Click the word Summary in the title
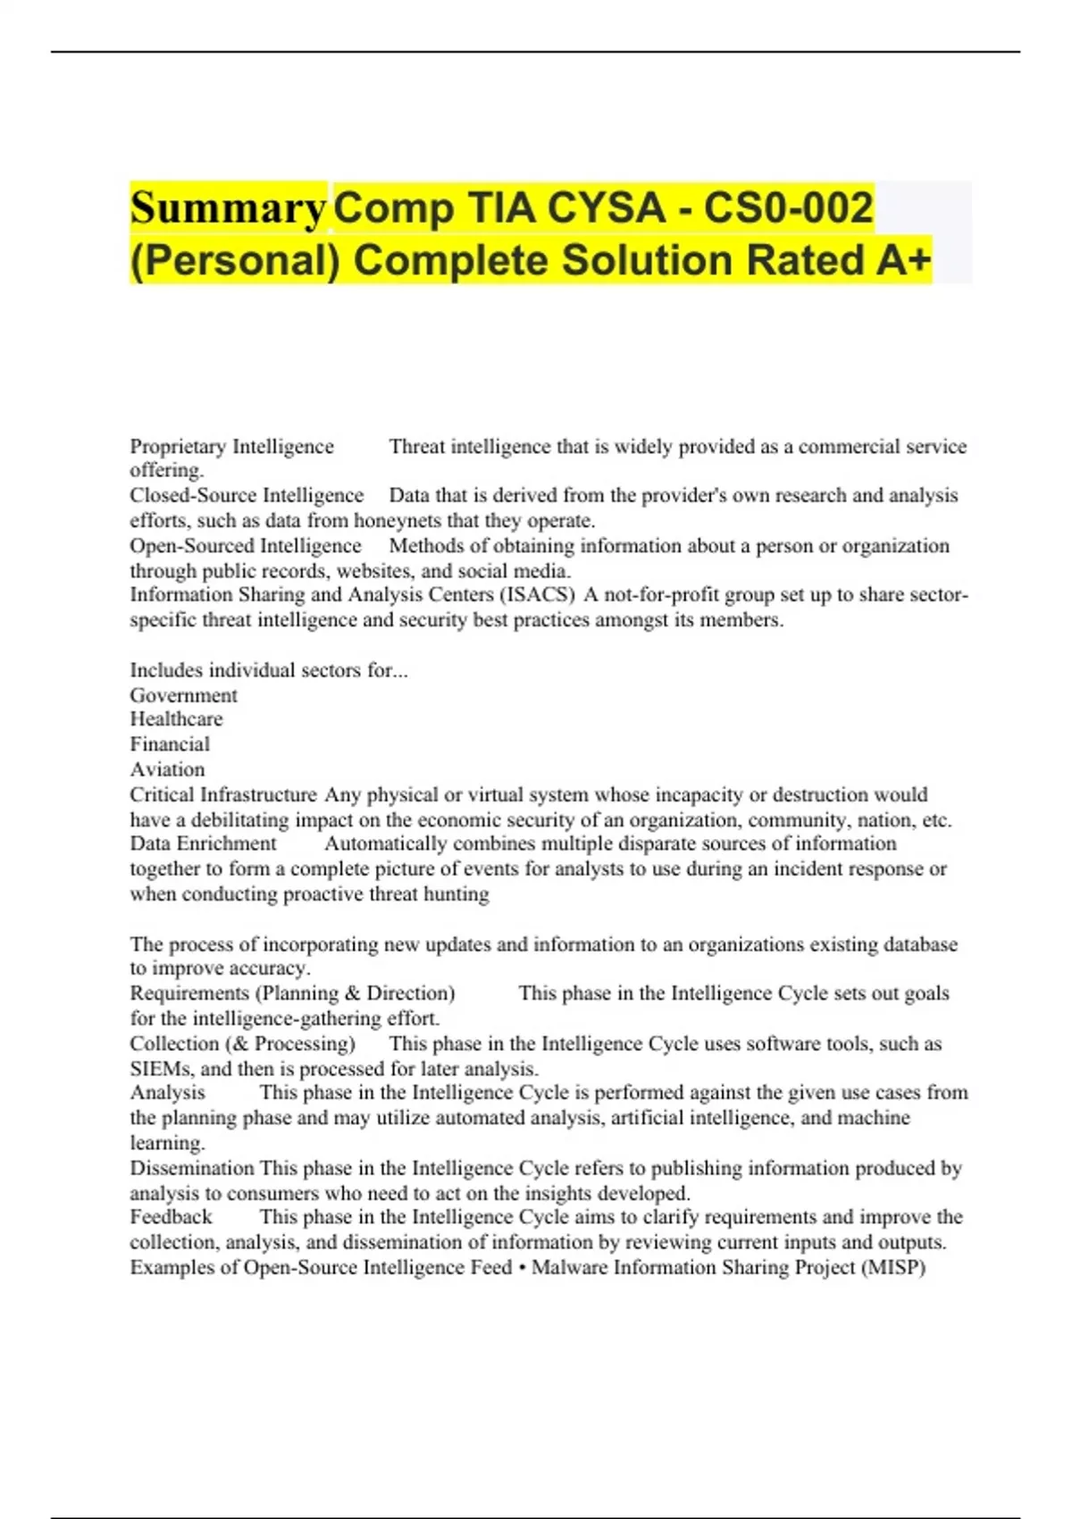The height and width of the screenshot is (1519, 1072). tap(228, 208)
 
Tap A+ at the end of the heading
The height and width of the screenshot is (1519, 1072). tap(903, 260)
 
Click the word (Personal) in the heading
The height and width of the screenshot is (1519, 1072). tap(235, 261)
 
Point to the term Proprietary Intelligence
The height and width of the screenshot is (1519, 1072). tap(231, 446)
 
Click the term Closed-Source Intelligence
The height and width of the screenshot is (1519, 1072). tap(247, 495)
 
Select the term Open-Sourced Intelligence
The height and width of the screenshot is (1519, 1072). tap(246, 545)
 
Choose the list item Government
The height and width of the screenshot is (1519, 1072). tap(183, 695)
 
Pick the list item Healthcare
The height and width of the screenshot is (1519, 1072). tap(176, 719)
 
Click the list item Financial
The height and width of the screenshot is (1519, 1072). tap(170, 744)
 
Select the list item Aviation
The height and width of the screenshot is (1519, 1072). tap(167, 769)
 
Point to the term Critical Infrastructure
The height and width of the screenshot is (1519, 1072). tap(223, 794)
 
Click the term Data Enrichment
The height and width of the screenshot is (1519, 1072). tap(204, 843)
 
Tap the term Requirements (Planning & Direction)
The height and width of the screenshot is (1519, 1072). tap(292, 993)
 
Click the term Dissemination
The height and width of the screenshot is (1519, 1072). tap(192, 1168)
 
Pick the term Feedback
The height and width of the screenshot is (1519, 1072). tap(171, 1217)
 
